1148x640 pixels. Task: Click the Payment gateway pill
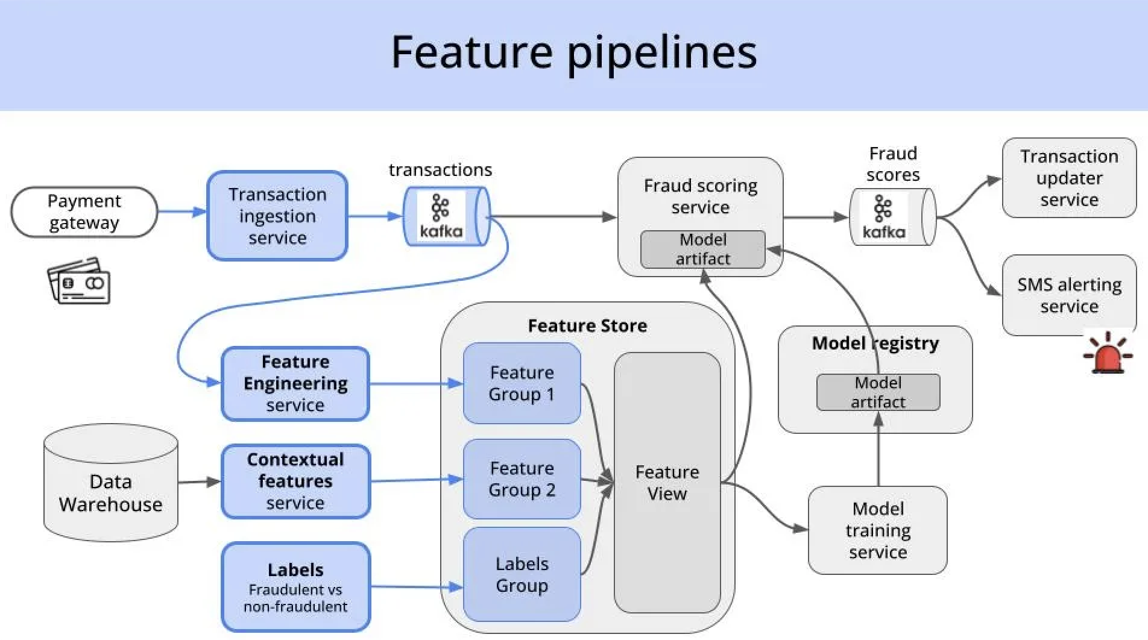[x=84, y=212]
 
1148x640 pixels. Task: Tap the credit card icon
[x=79, y=281]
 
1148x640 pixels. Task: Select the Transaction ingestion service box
[x=277, y=216]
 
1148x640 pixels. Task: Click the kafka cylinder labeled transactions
[x=446, y=216]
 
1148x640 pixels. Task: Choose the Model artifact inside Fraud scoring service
[x=702, y=249]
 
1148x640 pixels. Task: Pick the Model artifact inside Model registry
[x=878, y=392]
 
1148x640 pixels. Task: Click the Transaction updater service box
[x=1069, y=178]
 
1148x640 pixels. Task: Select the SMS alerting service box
[x=1069, y=295]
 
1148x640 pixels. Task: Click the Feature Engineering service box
[x=295, y=383]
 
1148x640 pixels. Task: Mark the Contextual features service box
[x=295, y=481]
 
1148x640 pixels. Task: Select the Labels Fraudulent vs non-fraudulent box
[x=295, y=587]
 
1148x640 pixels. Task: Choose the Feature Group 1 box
[x=522, y=383]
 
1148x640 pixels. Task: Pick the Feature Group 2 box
[x=522, y=479]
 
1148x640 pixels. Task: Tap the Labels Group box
[x=522, y=574]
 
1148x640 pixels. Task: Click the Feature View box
[x=667, y=482]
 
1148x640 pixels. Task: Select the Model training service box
[x=877, y=530]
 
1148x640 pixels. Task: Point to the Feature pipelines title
[x=573, y=52]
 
